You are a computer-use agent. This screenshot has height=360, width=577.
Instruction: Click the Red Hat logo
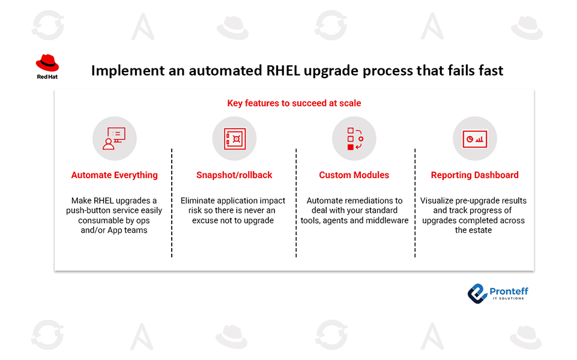pos(47,66)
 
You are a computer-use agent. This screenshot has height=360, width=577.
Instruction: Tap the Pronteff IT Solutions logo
pos(498,292)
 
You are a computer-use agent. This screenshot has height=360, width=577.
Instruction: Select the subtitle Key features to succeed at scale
pos(294,103)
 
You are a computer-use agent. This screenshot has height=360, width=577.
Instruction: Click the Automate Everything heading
pos(114,175)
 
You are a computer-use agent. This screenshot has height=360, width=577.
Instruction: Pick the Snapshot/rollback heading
pos(234,175)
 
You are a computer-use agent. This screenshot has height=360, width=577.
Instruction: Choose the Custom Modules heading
pos(354,175)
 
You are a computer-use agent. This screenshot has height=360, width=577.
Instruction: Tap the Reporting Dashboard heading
pos(474,175)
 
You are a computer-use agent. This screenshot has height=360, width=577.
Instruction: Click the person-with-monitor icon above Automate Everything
pos(114,139)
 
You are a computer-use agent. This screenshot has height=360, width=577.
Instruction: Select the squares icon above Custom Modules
pos(354,139)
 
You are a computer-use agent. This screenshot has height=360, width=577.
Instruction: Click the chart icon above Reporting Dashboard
pos(474,139)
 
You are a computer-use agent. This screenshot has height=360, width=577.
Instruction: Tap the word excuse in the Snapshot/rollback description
pos(205,220)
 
